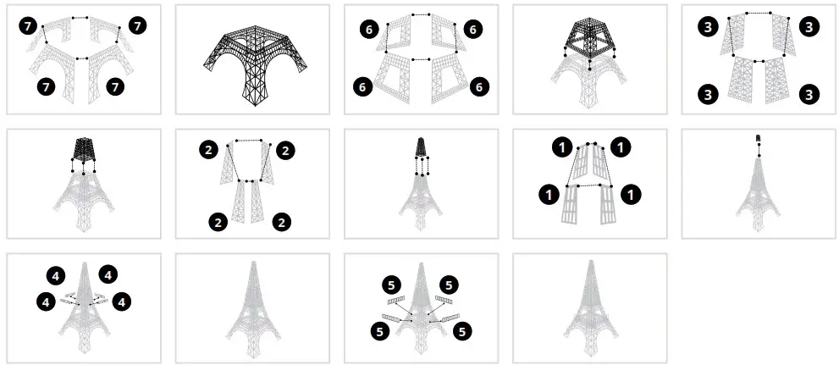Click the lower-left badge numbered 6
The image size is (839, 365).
tap(366, 87)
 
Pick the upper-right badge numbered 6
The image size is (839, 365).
tap(473, 30)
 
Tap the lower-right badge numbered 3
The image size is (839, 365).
tap(809, 94)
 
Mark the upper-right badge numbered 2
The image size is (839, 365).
tap(285, 151)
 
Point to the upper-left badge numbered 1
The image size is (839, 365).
tap(562, 147)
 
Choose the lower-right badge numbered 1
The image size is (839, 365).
tap(631, 195)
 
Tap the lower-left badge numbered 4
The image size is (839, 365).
tap(44, 301)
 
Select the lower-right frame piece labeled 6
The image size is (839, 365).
tap(450, 79)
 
